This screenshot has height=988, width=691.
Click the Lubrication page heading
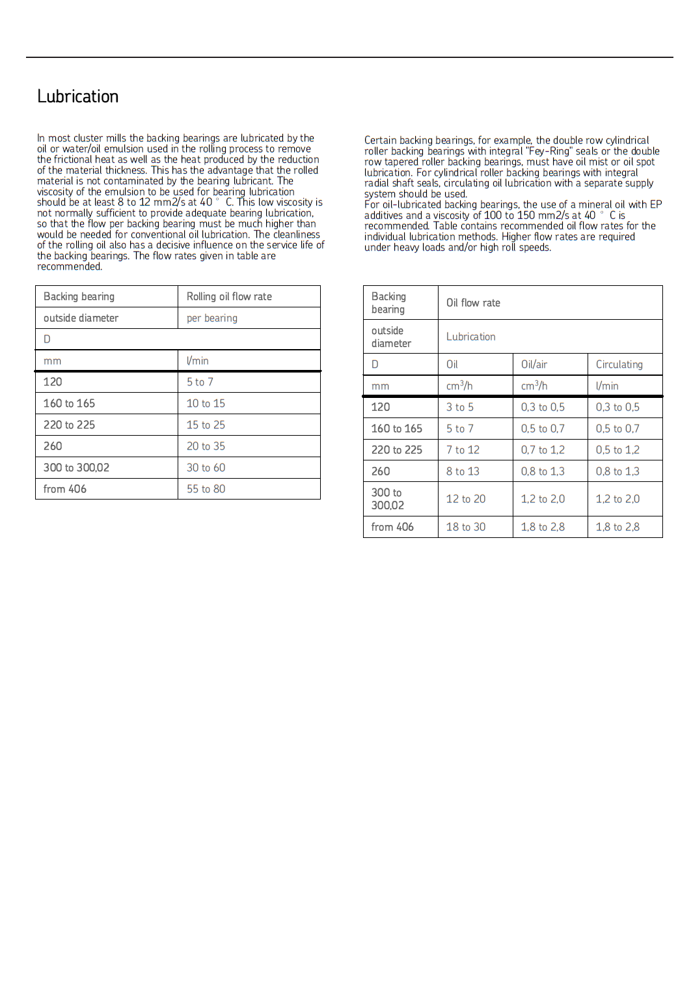[77, 96]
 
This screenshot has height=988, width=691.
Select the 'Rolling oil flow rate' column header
[229, 296]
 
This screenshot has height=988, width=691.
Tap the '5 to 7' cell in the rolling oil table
[200, 382]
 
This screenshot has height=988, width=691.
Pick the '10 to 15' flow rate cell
[206, 404]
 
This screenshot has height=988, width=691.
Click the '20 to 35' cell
[206, 446]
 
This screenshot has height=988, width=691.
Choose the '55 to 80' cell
[206, 489]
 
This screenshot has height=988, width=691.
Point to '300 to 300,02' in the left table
[76, 468]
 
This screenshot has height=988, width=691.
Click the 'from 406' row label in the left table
[64, 489]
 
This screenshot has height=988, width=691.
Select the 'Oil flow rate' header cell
[473, 303]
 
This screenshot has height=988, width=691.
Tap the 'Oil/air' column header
[534, 365]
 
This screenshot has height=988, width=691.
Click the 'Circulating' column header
[619, 365]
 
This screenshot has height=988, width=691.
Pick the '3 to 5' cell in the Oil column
[459, 407]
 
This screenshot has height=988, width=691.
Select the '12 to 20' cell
[466, 499]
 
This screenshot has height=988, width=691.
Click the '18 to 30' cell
[466, 527]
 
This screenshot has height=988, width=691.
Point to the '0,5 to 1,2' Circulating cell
[617, 450]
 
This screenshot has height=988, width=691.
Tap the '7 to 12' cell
[463, 450]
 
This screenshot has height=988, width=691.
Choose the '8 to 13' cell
[463, 472]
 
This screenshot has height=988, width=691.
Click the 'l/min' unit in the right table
[606, 386]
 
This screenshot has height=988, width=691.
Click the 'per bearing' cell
[211, 318]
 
